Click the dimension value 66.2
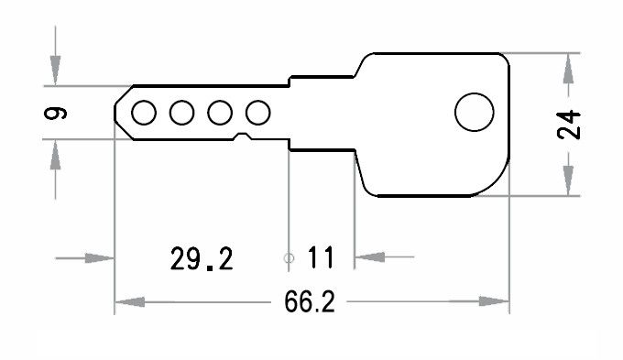(309, 303)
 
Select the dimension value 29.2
(202, 259)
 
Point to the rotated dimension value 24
(570, 123)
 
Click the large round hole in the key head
(474, 113)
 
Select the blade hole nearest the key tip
(144, 113)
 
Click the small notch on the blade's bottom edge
(243, 137)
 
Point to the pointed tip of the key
(115, 113)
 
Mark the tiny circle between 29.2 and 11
(289, 258)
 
